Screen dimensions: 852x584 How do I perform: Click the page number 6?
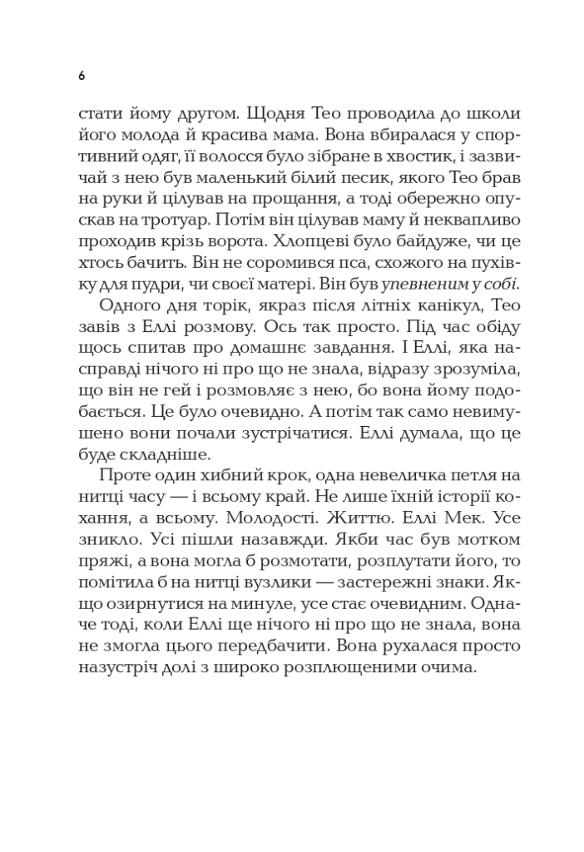tap(82, 75)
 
